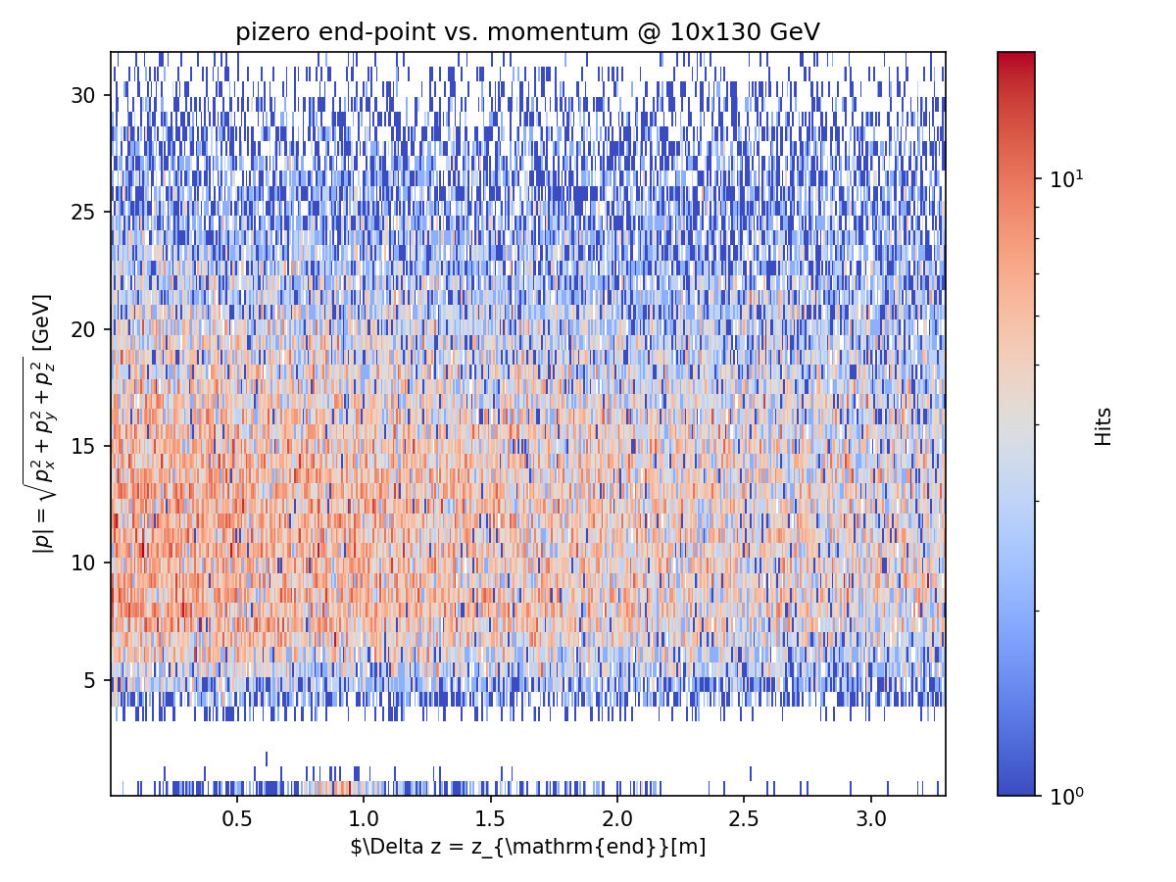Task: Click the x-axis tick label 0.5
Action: click(x=237, y=817)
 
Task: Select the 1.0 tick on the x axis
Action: click(x=364, y=817)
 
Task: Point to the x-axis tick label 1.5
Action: click(x=491, y=817)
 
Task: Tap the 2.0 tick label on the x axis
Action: click(x=617, y=817)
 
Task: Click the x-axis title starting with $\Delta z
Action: click(x=528, y=846)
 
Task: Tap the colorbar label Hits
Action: click(x=1104, y=426)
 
